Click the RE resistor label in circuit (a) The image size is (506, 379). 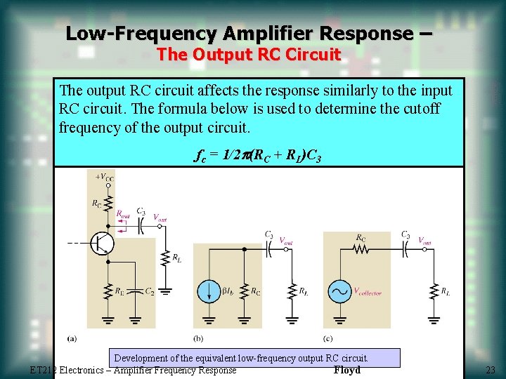pyautogui.click(x=119, y=290)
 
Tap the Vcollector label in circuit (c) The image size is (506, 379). pyautogui.click(x=367, y=291)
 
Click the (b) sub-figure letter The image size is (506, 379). pyautogui.click(x=198, y=338)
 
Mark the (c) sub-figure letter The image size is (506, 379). pyautogui.click(x=328, y=338)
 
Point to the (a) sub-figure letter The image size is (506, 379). pyautogui.click(x=72, y=338)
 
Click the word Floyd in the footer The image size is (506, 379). pyautogui.click(x=347, y=370)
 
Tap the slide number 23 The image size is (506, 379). pyautogui.click(x=490, y=370)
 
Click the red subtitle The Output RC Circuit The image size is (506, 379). pyautogui.click(x=248, y=54)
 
